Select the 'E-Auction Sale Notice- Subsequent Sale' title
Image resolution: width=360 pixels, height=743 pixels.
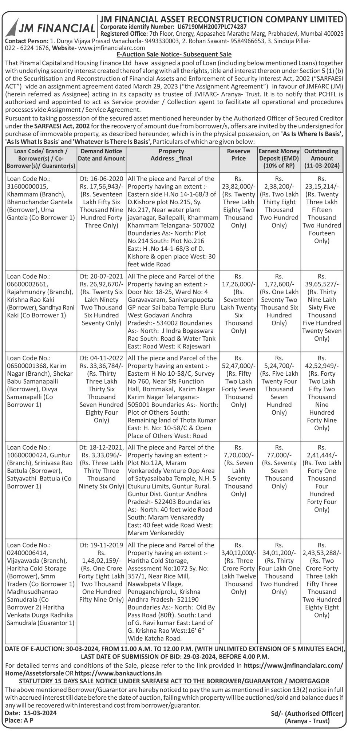(174, 55)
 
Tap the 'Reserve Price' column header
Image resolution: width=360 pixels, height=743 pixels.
(238, 155)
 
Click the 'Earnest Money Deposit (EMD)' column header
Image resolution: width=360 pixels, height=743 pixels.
(279, 158)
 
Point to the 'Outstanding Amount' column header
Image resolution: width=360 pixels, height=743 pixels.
(322, 158)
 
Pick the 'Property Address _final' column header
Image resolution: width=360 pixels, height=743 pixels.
(171, 155)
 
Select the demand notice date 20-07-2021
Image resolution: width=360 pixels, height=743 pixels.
(101, 276)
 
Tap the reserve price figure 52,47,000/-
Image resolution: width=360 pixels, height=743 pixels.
(238, 366)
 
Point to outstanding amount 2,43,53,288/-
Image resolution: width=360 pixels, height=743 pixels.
(322, 553)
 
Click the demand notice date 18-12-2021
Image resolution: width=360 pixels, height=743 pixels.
(101, 447)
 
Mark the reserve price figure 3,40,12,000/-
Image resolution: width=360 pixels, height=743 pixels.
(238, 553)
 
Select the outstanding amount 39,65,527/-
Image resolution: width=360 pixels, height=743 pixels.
(322, 284)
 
